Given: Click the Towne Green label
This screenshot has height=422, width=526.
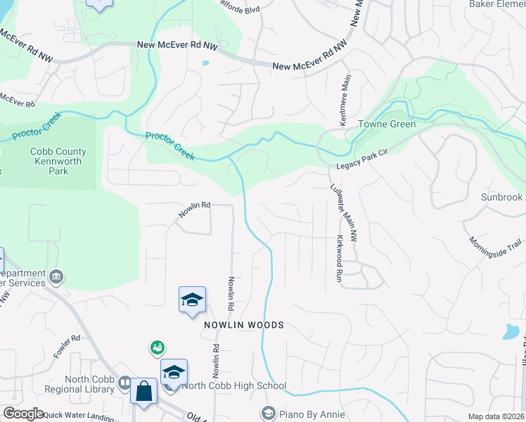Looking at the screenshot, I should coord(387,124).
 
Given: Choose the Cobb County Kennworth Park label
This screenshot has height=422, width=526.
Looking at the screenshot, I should coord(58,161).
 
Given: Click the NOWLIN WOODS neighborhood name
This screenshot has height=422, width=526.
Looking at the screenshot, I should coord(244,325).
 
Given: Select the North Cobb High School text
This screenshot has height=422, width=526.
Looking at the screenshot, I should coord(233,385).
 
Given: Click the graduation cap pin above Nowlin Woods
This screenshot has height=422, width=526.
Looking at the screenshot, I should coord(192,300).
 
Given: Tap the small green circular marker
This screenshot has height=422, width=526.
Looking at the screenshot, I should coord(158,347).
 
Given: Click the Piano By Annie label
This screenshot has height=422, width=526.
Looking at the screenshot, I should coord(312,414).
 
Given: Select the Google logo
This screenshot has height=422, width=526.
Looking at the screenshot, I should coord(23,414).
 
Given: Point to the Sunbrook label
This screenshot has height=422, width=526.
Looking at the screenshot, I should coord(502,198).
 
